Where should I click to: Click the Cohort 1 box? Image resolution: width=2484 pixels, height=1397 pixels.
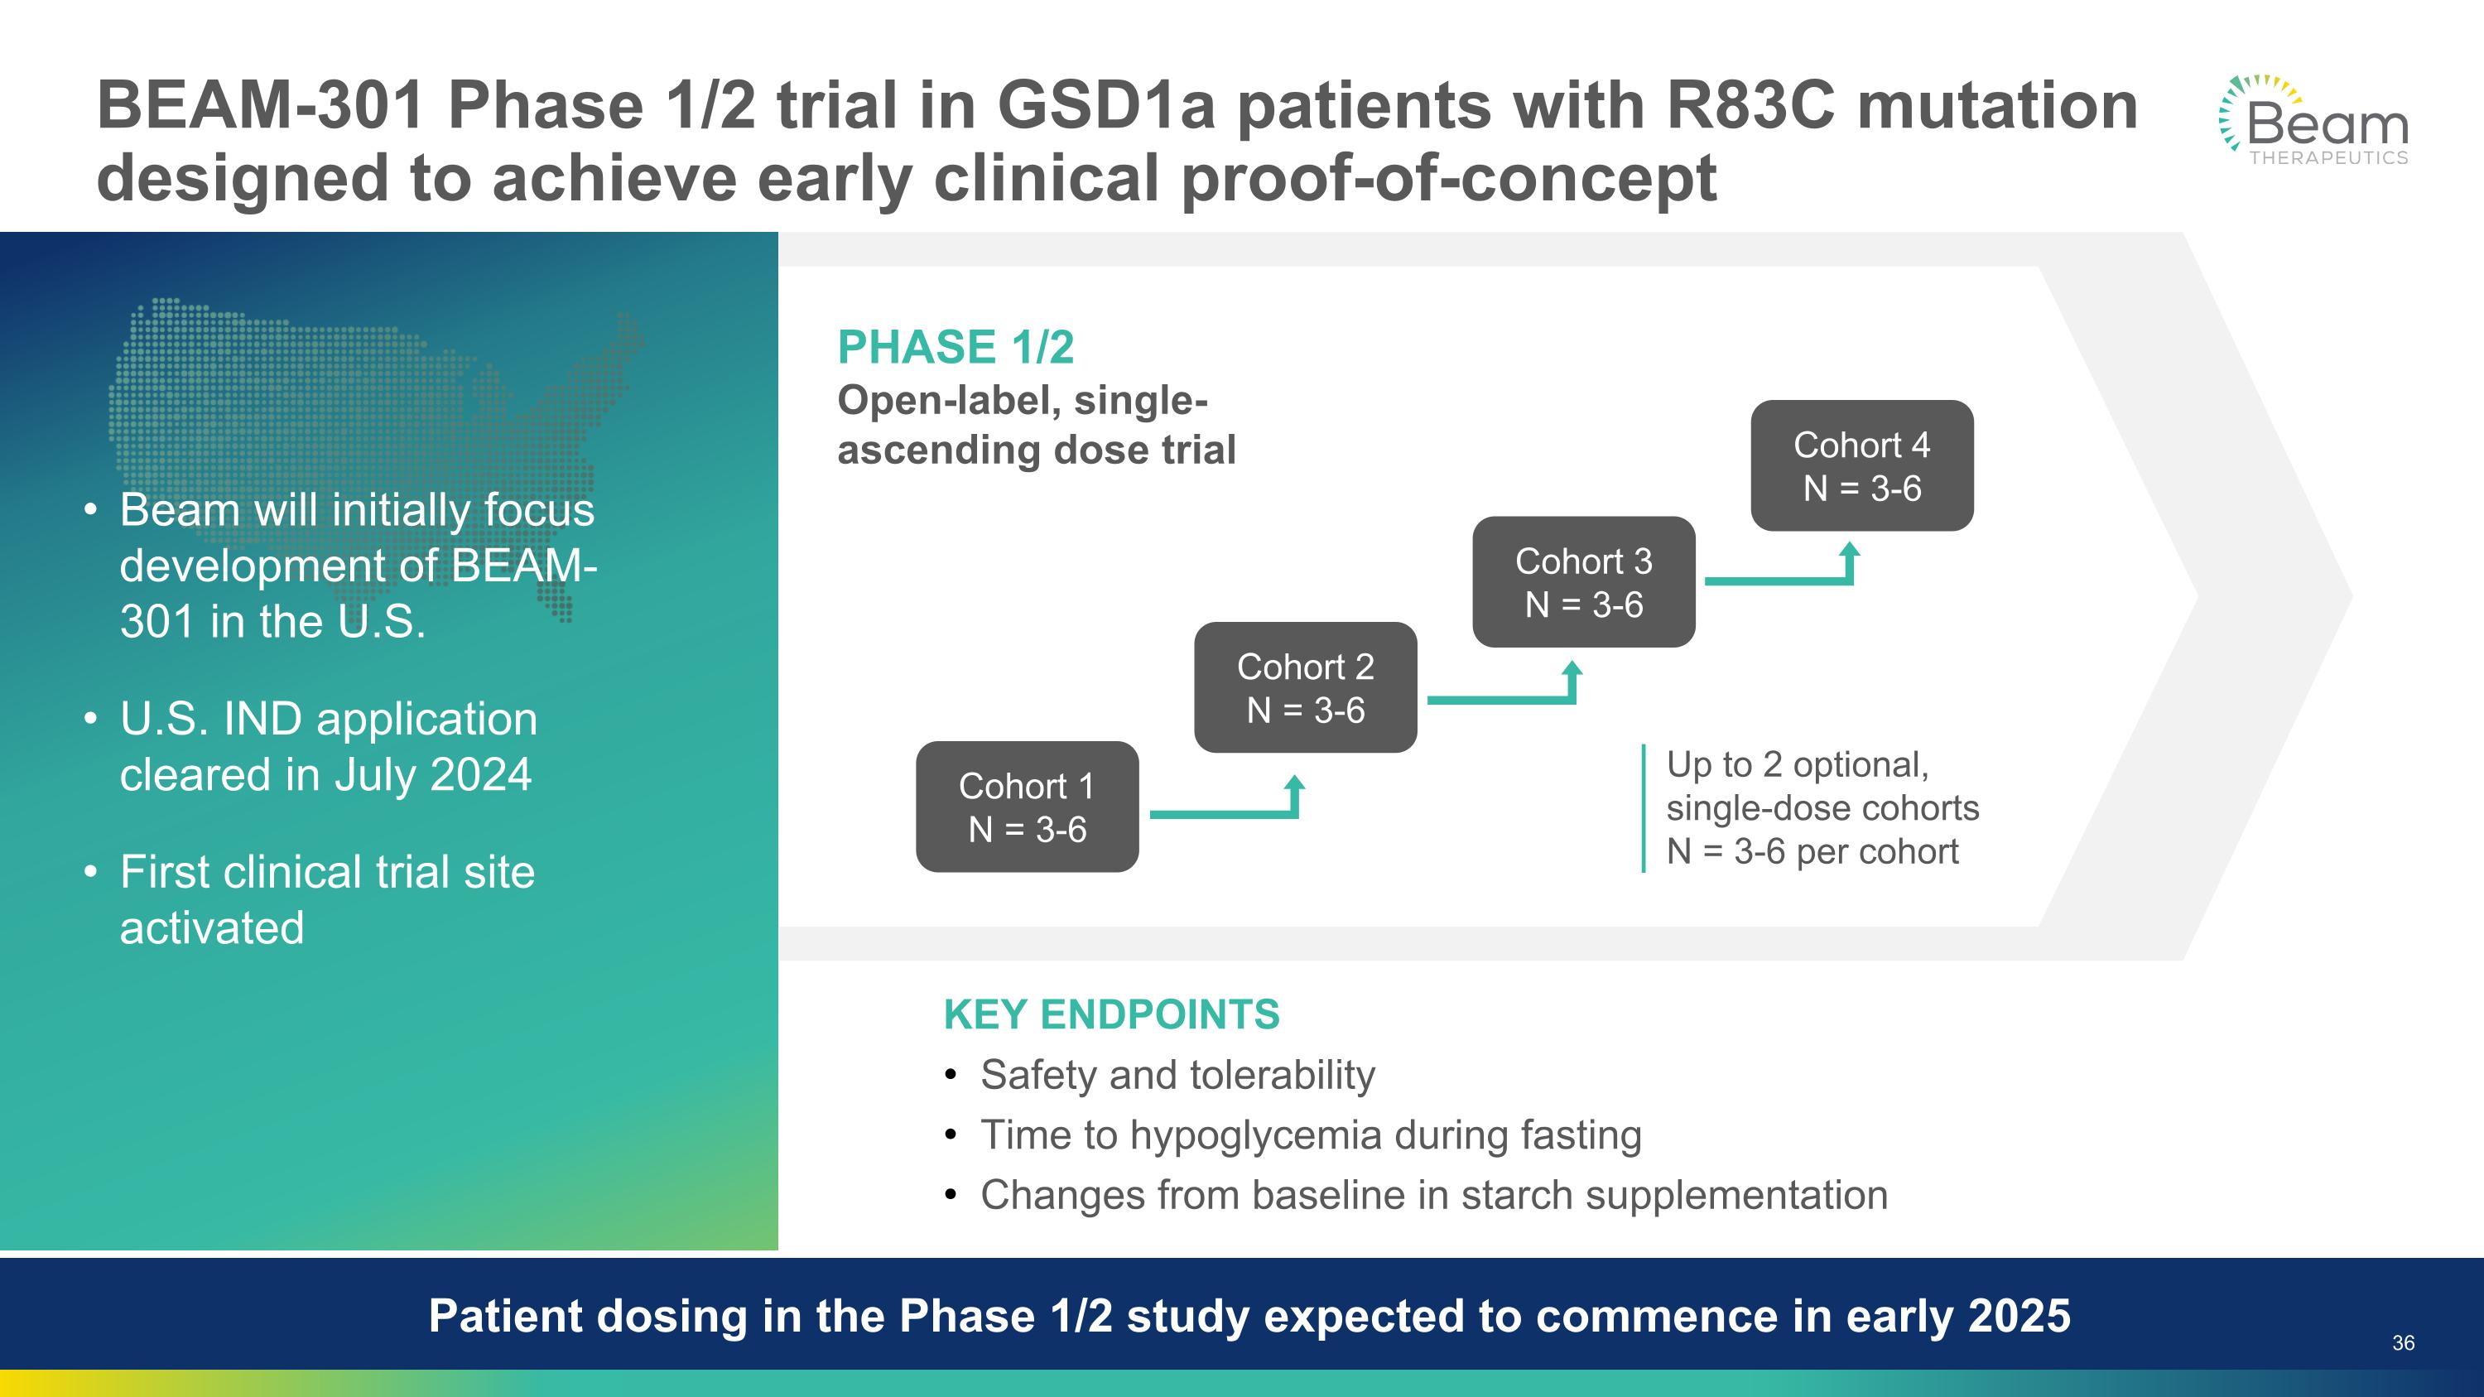[x=1027, y=807]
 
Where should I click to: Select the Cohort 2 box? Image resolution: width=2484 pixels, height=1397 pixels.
[x=1306, y=687]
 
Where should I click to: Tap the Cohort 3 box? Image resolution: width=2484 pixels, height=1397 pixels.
[x=1583, y=581]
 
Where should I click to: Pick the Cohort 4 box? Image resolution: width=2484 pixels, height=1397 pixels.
[x=1862, y=465]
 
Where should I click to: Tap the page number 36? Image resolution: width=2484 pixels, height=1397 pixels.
[x=2403, y=1343]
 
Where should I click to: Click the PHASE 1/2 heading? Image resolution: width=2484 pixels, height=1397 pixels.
[x=955, y=347]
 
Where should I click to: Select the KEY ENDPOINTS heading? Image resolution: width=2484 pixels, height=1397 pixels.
[x=1112, y=1014]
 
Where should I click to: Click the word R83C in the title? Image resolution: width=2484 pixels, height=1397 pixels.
[x=1750, y=105]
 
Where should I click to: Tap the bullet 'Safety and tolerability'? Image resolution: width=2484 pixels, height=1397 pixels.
[x=1177, y=1075]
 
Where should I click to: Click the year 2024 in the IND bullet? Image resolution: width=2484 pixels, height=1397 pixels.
[x=480, y=774]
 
